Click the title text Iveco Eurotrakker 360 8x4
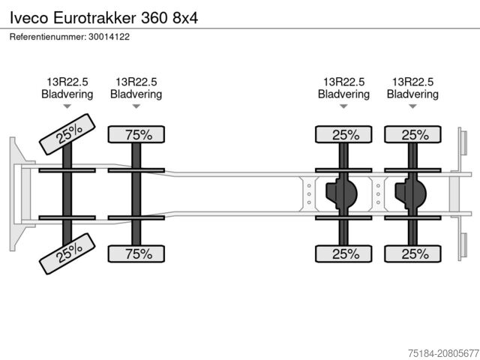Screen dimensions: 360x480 click(x=104, y=16)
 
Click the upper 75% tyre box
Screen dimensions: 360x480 click(x=138, y=135)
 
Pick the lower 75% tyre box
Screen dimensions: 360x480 click(x=138, y=253)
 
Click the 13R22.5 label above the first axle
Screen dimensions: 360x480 click(x=67, y=82)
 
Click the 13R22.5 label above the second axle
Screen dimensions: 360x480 click(x=136, y=82)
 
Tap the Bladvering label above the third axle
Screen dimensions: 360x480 click(x=343, y=94)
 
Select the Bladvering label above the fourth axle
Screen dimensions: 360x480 click(x=412, y=94)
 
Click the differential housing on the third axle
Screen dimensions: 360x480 click(x=342, y=194)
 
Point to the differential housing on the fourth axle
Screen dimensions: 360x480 click(x=411, y=194)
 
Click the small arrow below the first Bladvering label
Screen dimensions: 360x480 click(x=67, y=106)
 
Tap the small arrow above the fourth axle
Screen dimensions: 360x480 click(x=412, y=106)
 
